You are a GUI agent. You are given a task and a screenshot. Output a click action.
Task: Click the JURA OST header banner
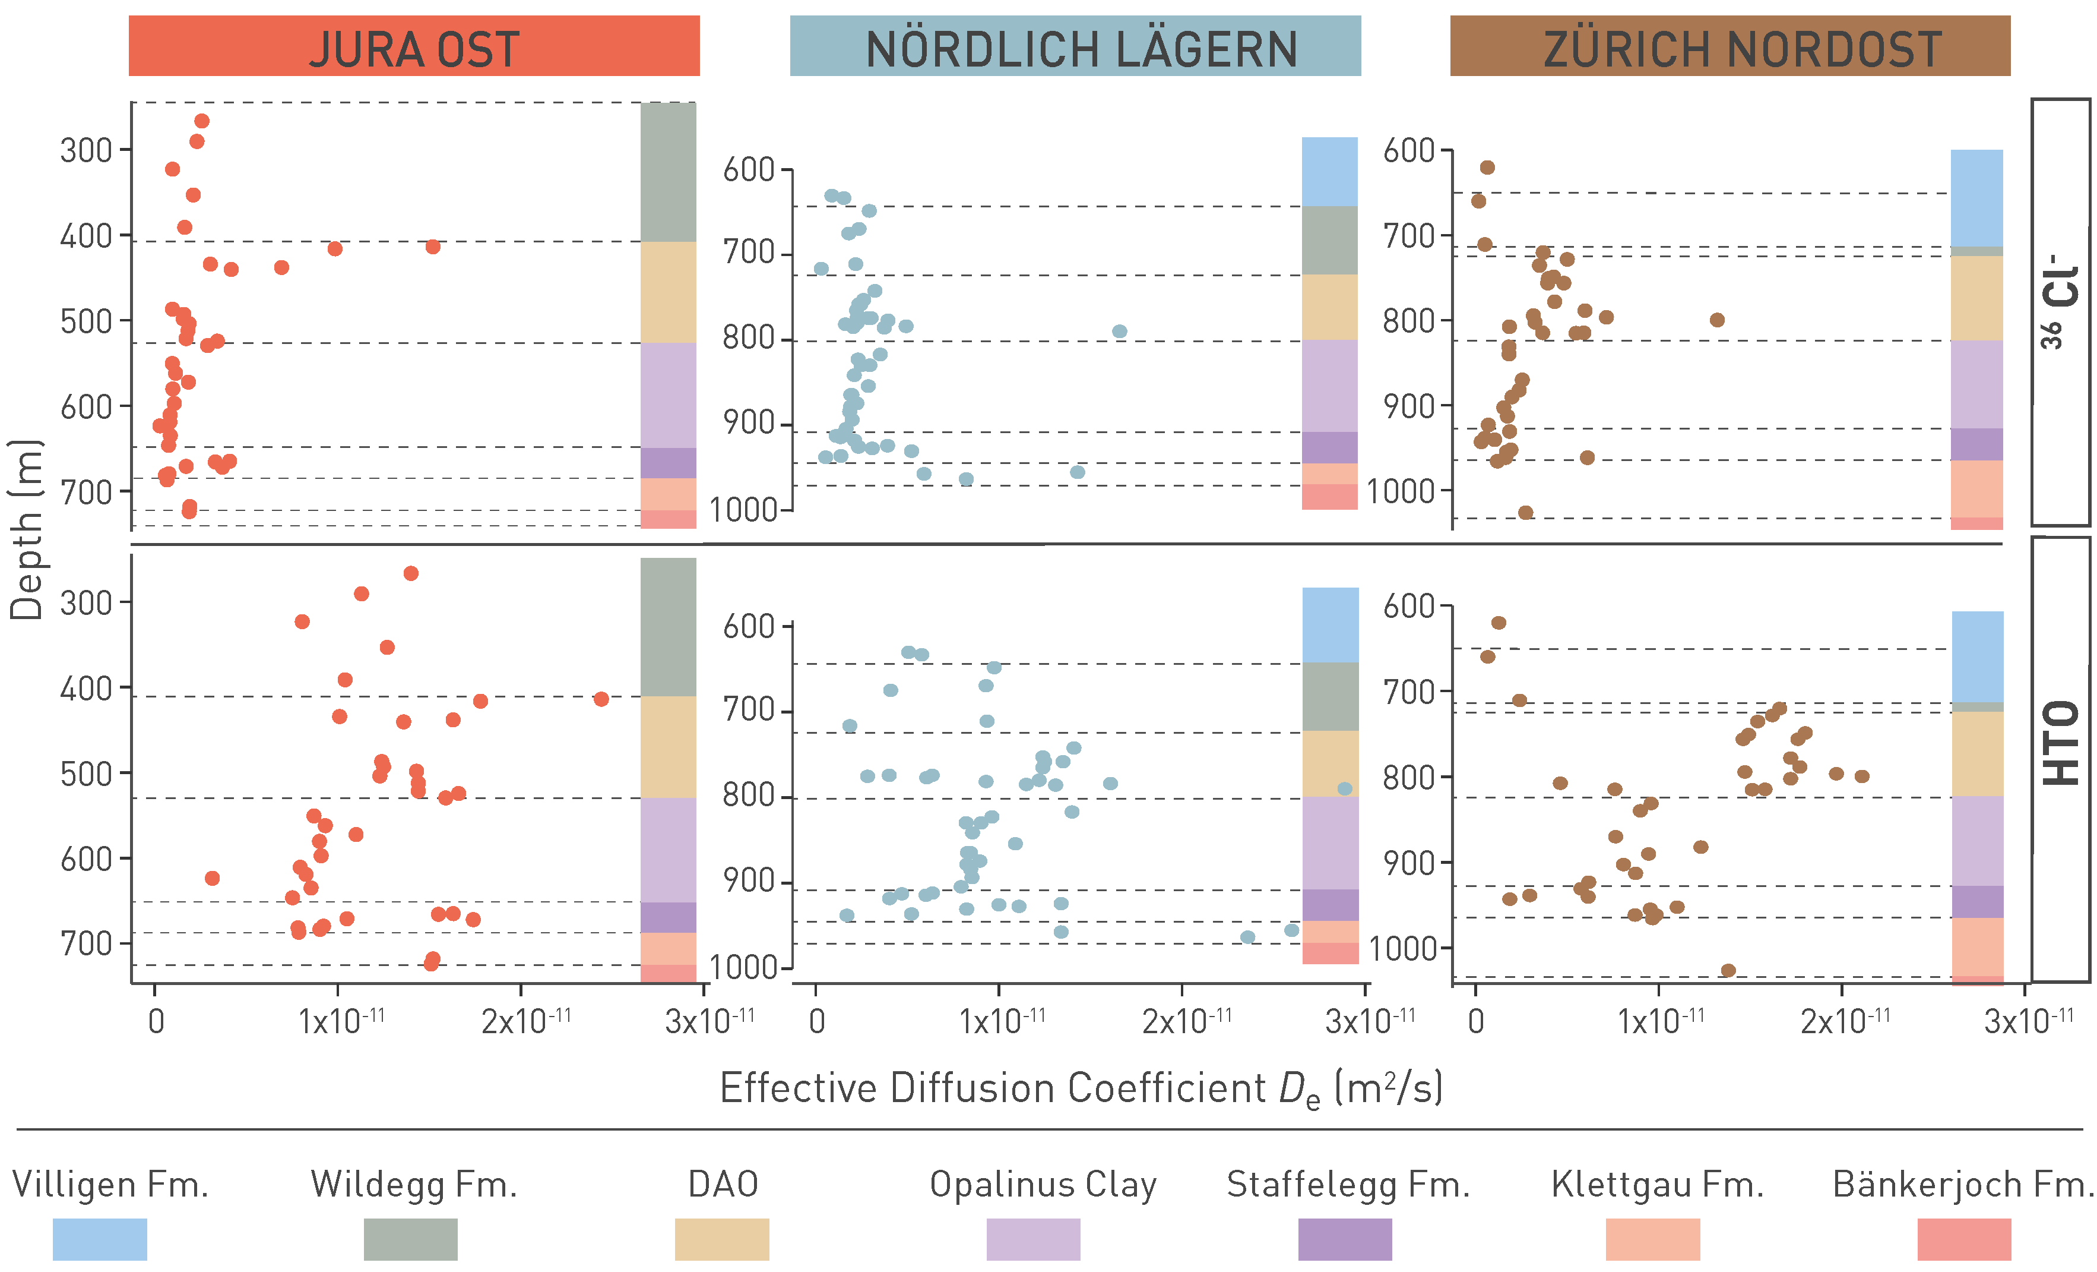pyautogui.click(x=414, y=47)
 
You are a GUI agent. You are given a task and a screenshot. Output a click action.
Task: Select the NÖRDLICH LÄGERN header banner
pyautogui.click(x=1075, y=47)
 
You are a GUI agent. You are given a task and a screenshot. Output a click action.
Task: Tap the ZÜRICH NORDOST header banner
pyautogui.click(x=1729, y=47)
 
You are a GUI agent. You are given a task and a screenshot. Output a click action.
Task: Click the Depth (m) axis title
pyautogui.click(x=26, y=529)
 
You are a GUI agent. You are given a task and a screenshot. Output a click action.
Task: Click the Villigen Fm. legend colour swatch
pyautogui.click(x=100, y=1239)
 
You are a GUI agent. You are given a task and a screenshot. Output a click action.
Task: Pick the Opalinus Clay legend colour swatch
pyautogui.click(x=1033, y=1239)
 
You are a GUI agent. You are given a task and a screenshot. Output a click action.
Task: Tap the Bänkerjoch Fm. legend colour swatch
pyautogui.click(x=1964, y=1239)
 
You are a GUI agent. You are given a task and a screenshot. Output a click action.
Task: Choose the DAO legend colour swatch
pyautogui.click(x=722, y=1239)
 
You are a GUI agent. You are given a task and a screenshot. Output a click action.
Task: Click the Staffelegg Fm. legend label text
pyautogui.click(x=1348, y=1184)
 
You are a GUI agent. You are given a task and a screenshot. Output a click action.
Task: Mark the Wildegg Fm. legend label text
pyautogui.click(x=414, y=1184)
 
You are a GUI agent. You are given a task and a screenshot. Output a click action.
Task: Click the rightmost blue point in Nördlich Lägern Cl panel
pyautogui.click(x=1120, y=331)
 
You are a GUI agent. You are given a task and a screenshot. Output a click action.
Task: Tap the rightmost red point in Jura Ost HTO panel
pyautogui.click(x=601, y=699)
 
